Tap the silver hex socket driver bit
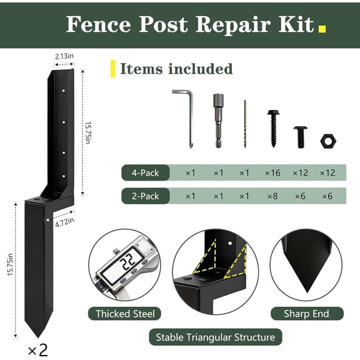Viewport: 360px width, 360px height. click(218, 120)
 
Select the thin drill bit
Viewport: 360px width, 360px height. click(245, 124)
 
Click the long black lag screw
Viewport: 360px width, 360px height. click(273, 129)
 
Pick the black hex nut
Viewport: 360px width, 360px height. click(327, 141)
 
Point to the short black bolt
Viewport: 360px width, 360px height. click(301, 136)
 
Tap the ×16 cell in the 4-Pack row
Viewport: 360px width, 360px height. click(272, 172)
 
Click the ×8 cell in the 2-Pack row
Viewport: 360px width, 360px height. click(272, 196)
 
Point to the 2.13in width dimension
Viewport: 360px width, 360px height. click(63, 56)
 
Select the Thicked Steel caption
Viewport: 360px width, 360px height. click(124, 313)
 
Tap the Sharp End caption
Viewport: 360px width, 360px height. click(306, 313)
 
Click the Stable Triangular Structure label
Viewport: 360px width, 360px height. click(214, 337)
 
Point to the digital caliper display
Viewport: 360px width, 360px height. click(127, 264)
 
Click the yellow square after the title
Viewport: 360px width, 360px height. click(322, 28)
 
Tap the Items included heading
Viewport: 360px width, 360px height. click(176, 68)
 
